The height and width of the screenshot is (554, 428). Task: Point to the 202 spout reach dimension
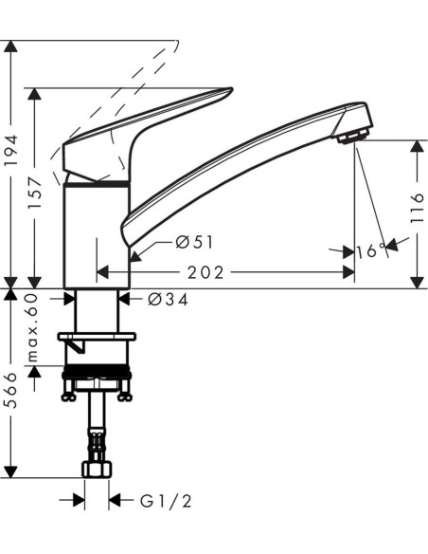(x=205, y=273)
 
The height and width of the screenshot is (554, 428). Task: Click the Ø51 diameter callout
(x=195, y=242)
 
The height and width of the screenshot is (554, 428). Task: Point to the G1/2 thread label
(x=166, y=501)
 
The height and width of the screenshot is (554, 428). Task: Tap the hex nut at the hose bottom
(x=97, y=469)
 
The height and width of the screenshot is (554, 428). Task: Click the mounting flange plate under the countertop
(x=97, y=336)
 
